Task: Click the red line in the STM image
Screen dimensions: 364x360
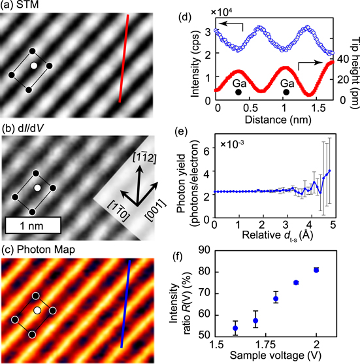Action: coord(127,59)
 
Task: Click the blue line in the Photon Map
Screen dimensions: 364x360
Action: coord(129,305)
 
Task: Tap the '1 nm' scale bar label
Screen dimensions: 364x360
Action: coord(32,225)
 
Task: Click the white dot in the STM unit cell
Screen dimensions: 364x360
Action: coord(33,66)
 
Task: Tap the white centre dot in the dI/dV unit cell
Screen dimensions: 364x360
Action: coord(37,188)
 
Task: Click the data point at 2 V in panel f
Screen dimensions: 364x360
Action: coord(316,270)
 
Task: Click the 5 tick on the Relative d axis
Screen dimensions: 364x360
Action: coord(333,225)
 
